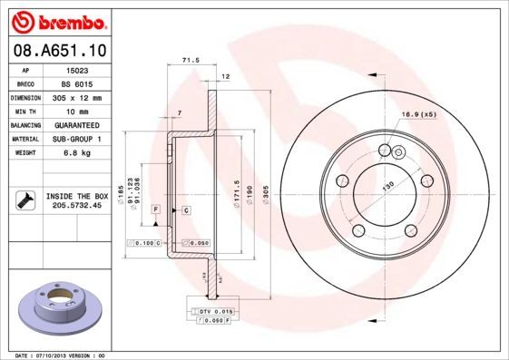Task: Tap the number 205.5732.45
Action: (x=77, y=205)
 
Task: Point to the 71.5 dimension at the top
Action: (x=191, y=61)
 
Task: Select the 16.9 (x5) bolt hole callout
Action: (x=418, y=115)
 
